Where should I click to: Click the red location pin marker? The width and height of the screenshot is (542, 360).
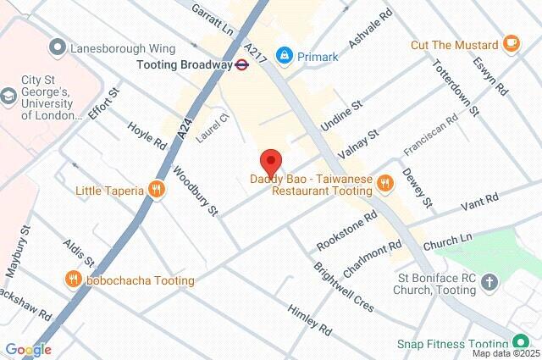[x=270, y=161]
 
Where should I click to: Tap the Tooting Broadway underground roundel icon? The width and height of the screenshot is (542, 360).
[x=241, y=64]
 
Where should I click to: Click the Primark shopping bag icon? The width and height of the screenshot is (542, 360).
[x=284, y=56]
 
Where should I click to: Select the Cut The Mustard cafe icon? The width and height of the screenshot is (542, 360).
[x=511, y=43]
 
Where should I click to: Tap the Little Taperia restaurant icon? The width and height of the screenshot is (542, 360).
[x=156, y=190]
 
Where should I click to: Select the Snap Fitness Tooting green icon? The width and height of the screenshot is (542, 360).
[x=522, y=344]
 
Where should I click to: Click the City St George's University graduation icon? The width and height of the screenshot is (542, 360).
[x=10, y=93]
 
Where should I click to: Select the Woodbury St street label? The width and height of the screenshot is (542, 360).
[x=196, y=191]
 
